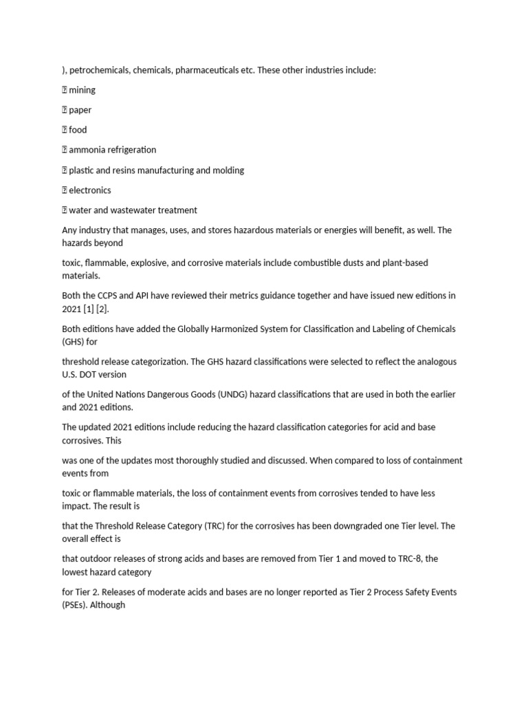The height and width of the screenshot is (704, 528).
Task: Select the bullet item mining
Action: (x=82, y=90)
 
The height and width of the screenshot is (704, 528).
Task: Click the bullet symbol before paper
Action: (x=65, y=110)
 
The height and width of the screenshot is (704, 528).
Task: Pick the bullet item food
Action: (x=78, y=130)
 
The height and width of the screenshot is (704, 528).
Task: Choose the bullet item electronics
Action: (x=89, y=190)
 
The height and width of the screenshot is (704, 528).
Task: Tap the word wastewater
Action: (x=141, y=210)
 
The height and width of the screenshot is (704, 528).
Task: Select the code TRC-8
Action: (x=379, y=560)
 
